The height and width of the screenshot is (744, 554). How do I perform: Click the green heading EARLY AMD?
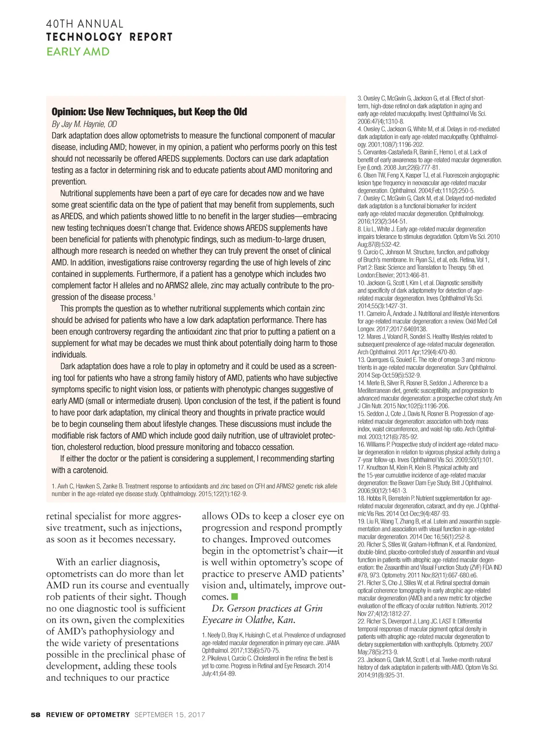78,52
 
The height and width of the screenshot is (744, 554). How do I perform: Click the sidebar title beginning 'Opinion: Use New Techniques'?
149,112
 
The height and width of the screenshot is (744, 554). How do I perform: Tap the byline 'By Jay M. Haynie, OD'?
84,124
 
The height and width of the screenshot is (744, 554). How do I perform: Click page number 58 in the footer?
36,715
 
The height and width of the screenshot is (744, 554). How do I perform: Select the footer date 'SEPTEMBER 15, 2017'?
169,715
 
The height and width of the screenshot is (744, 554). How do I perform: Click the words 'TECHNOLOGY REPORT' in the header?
109,37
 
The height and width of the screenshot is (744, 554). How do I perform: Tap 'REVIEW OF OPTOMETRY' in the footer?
88,715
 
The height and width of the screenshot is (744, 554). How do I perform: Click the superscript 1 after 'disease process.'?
154,295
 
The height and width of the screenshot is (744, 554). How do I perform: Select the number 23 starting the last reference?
361,660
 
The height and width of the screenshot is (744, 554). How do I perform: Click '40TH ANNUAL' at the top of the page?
84,24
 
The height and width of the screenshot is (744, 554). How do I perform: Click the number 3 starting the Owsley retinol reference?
359,98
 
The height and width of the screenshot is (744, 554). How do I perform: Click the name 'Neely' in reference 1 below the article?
214,636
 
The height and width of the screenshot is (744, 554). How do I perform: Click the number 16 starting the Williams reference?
361,445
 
